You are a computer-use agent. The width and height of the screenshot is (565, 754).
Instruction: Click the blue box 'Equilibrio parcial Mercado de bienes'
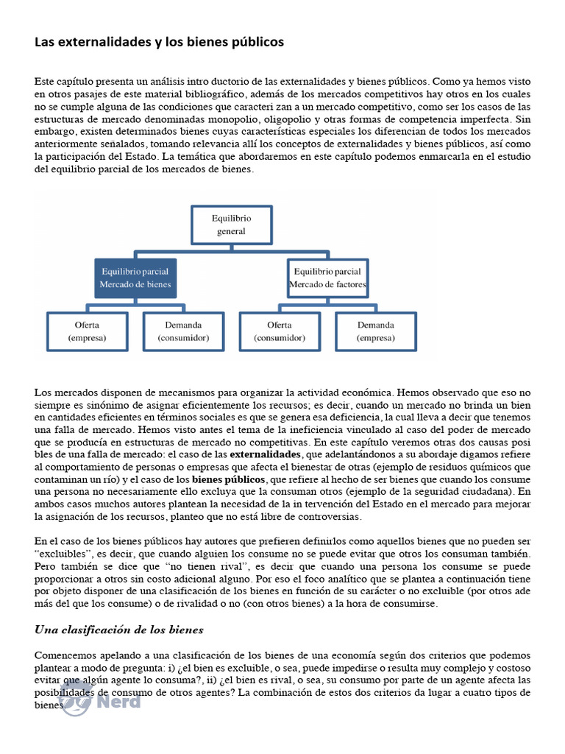[136, 278]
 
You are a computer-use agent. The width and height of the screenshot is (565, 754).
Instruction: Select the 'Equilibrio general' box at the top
[231, 225]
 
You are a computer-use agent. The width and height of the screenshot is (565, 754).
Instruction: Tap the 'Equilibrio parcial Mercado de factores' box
[327, 278]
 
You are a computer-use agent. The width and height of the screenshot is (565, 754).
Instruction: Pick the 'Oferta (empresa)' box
[87, 331]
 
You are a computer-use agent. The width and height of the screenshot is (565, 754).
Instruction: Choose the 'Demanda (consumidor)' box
[183, 331]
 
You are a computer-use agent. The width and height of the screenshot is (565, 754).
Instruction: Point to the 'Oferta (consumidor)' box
[280, 331]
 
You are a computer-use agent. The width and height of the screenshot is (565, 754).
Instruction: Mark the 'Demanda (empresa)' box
[375, 331]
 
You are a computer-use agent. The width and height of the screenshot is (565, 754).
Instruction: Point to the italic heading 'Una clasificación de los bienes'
[119, 630]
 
